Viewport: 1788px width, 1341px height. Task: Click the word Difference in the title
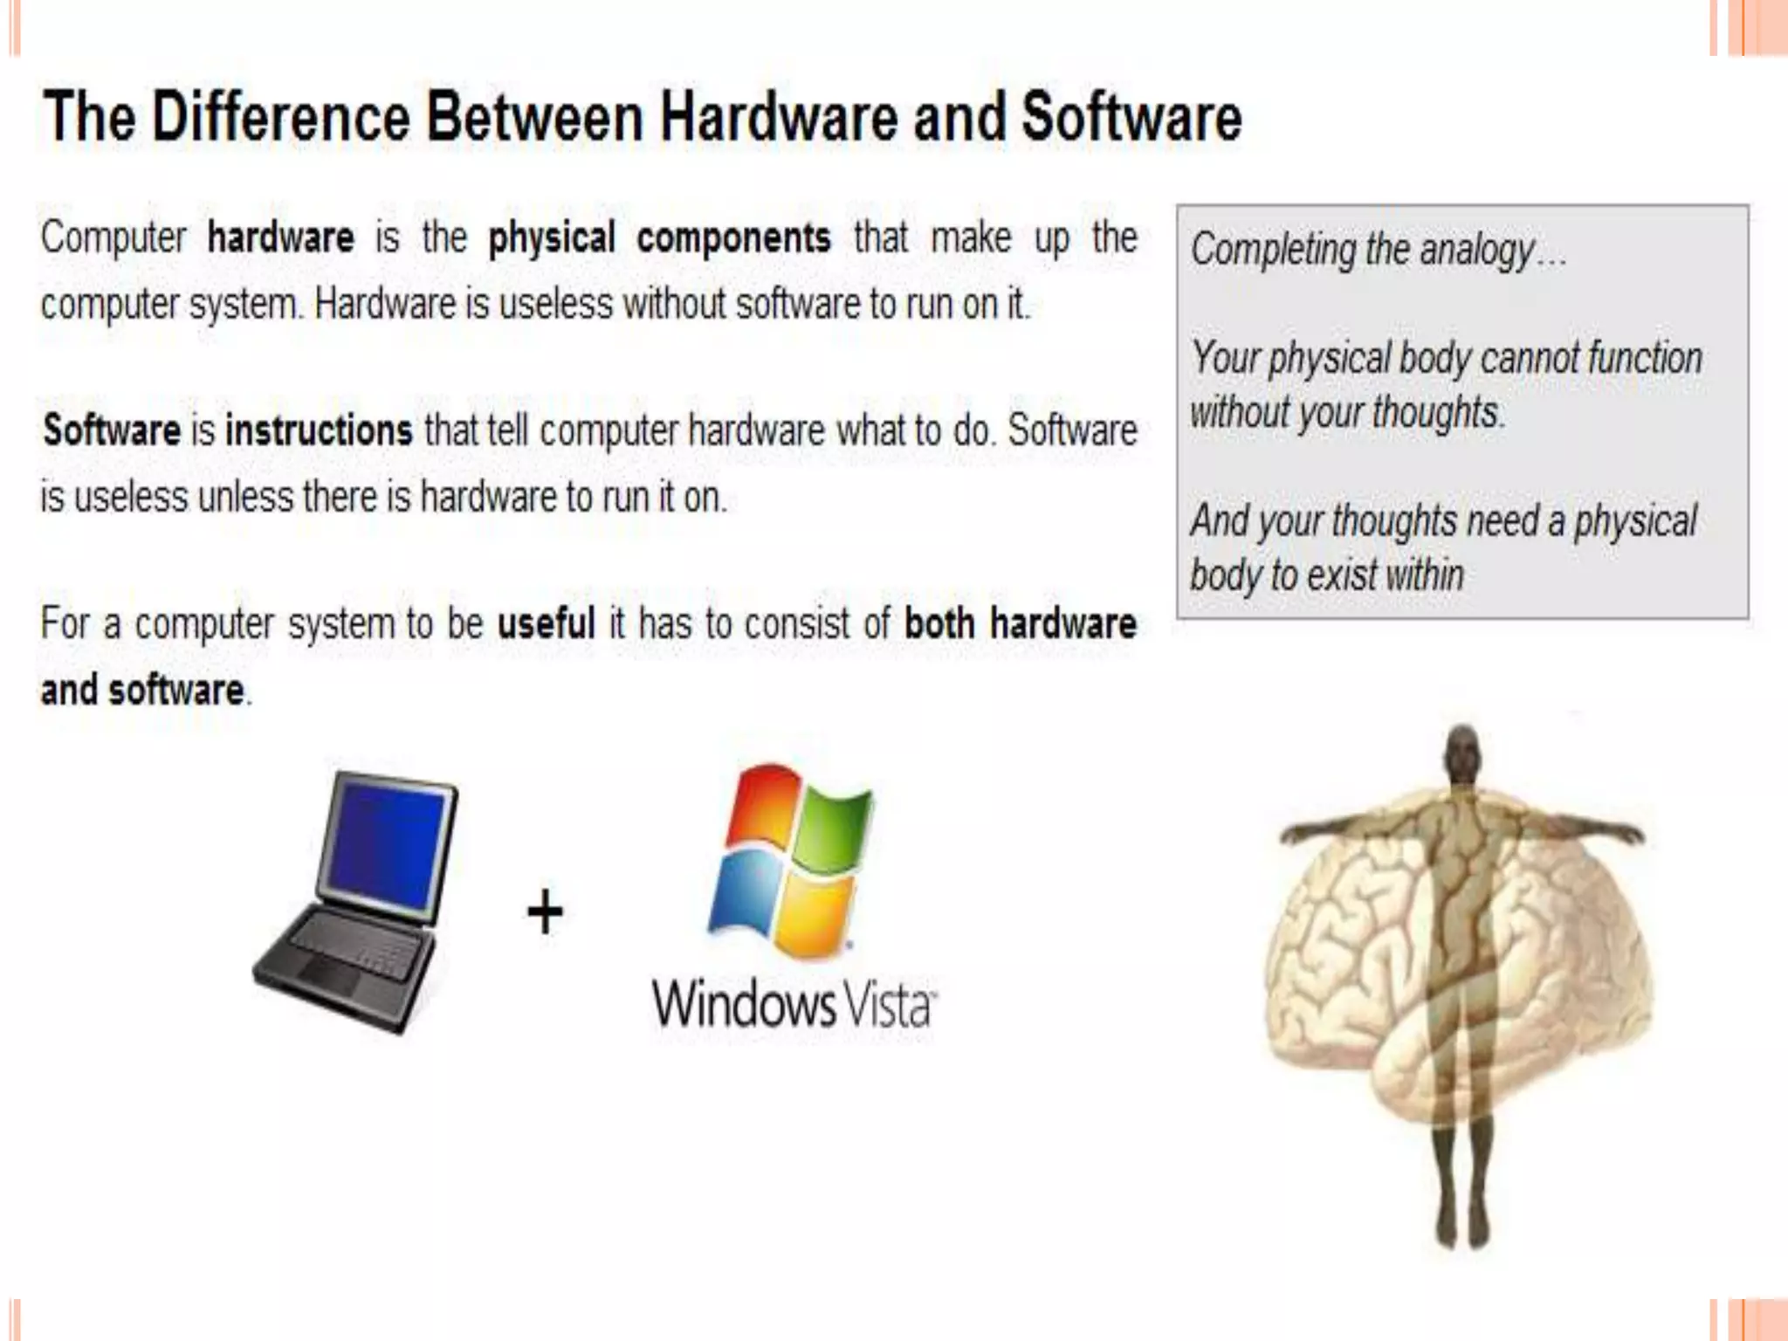click(x=280, y=117)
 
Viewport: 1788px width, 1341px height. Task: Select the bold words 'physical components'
click(x=659, y=238)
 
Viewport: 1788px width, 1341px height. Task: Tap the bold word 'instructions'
click(x=319, y=430)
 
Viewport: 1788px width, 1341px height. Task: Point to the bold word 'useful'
click(x=547, y=624)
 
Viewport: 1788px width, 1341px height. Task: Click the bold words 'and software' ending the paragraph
click(x=143, y=691)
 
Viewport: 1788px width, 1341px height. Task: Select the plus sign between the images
click(x=546, y=912)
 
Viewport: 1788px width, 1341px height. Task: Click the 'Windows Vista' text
click(x=794, y=1005)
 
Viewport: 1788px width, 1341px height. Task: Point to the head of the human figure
click(x=1463, y=751)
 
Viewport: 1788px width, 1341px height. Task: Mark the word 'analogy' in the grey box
click(x=1476, y=251)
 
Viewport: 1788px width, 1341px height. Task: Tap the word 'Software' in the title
click(x=1131, y=117)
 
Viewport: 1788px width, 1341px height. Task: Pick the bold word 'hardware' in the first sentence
click(x=280, y=238)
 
